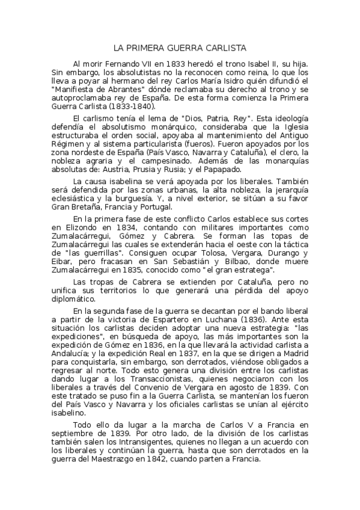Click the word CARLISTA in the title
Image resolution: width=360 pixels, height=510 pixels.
point(227,48)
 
